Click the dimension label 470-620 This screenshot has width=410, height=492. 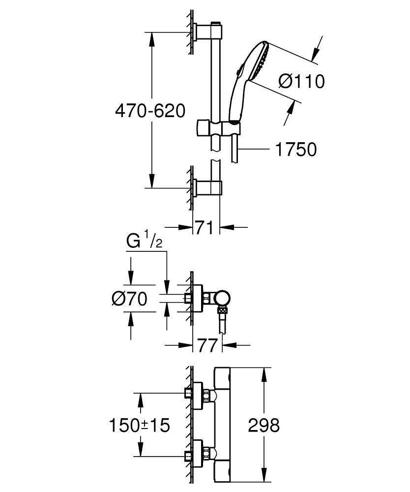150,111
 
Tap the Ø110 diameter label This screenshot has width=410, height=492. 301,81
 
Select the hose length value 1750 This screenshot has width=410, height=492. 295,149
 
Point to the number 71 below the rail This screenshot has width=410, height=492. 204,228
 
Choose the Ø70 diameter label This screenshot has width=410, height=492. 129,299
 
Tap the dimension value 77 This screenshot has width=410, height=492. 207,345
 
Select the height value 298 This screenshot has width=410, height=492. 264,425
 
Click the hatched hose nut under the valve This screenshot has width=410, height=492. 224,311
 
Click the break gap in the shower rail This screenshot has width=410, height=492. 215,156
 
